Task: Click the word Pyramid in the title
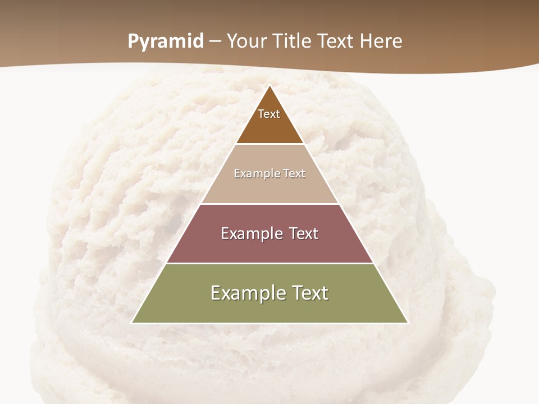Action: click(x=166, y=42)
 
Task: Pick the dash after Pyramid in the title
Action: click(x=215, y=42)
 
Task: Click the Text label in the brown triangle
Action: click(x=269, y=114)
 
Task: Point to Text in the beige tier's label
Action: click(x=293, y=173)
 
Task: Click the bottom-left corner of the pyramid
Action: click(x=132, y=323)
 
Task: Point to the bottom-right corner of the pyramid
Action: click(x=408, y=323)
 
